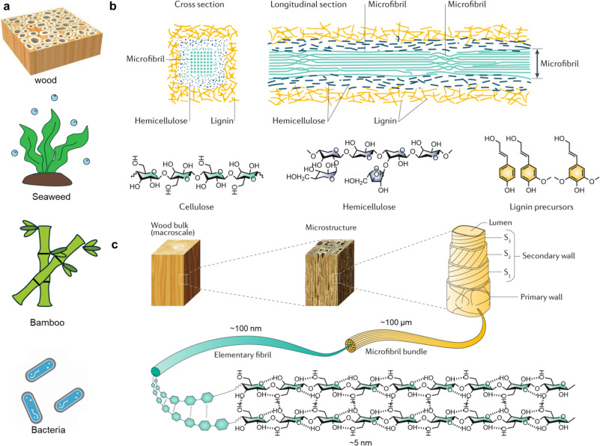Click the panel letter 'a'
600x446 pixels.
pyautogui.click(x=6, y=7)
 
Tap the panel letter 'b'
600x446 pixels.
pyautogui.click(x=112, y=7)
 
